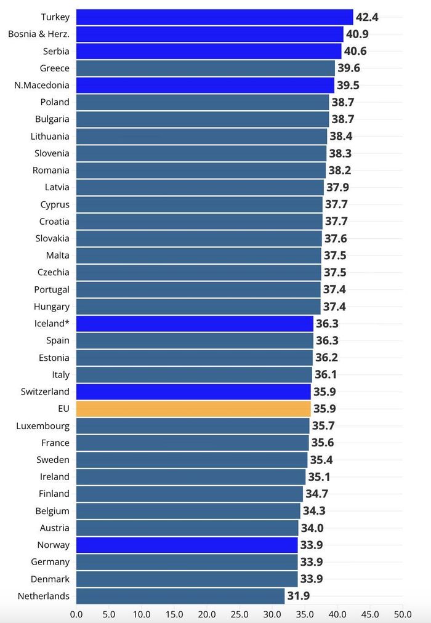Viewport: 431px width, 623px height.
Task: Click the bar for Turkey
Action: pos(214,17)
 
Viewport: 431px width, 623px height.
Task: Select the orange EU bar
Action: pos(193,408)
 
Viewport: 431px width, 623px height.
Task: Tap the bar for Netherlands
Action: pos(180,596)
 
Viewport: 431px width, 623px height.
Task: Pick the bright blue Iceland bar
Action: pos(195,323)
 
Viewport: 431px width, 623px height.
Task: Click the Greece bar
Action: pos(206,68)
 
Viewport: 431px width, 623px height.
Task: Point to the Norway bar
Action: pos(187,545)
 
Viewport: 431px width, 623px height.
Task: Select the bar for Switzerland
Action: pos(193,392)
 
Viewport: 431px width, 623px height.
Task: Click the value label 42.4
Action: pos(367,17)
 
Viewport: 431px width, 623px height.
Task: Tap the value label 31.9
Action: pos(299,596)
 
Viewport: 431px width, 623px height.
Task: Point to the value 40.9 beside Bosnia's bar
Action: pos(357,34)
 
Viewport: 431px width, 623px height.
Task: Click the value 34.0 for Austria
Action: pos(312,528)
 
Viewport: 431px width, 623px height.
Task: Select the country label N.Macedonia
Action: pos(42,85)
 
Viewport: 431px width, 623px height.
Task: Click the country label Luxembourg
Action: pos(43,426)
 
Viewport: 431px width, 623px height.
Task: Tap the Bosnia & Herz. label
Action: pos(39,34)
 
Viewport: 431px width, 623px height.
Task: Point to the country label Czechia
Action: pos(53,272)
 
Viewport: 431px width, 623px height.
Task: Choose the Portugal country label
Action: pos(52,290)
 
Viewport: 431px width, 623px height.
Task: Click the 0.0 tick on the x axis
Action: pos(76,614)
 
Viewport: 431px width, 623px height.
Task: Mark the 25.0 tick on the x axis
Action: pos(240,614)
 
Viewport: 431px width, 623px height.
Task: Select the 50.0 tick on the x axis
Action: pos(403,614)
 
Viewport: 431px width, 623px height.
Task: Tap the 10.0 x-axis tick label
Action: pos(142,614)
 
